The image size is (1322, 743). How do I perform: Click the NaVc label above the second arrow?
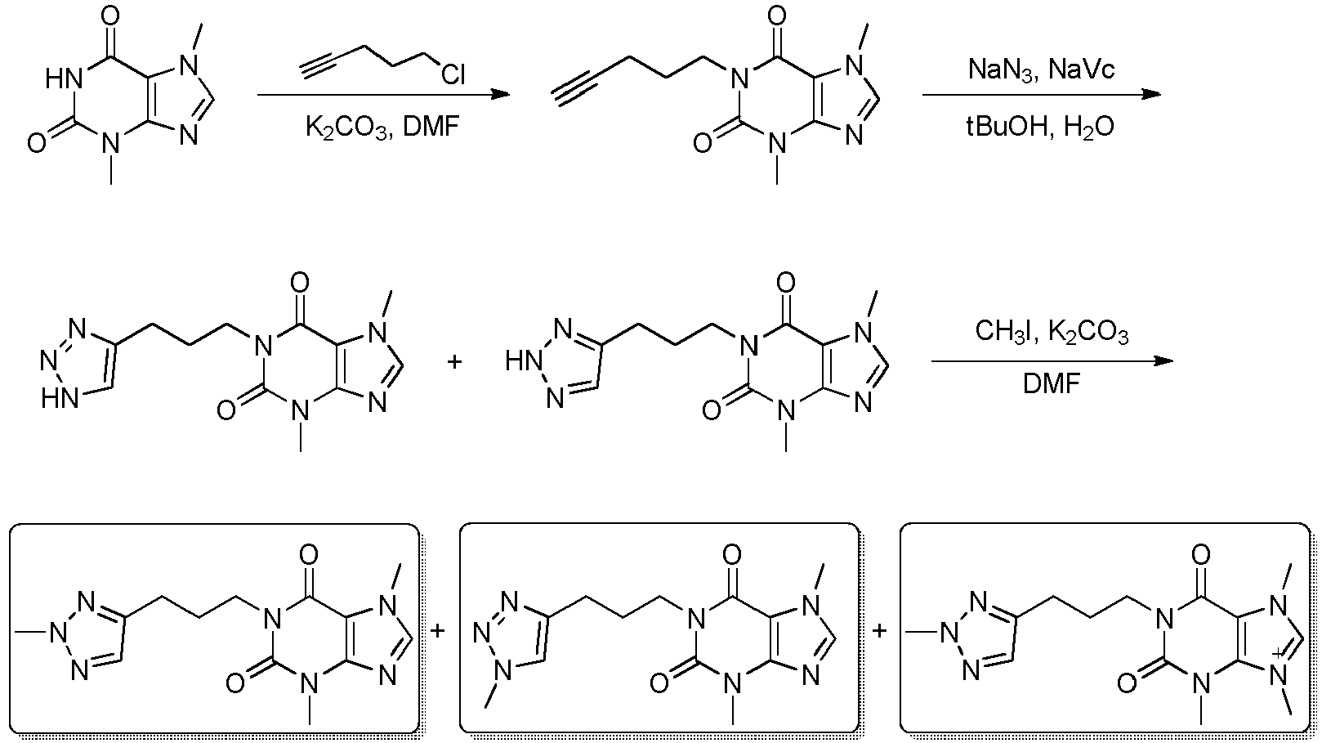[1083, 69]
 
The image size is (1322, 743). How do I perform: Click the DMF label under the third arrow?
[1052, 384]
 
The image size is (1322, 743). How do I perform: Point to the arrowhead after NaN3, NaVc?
[1151, 95]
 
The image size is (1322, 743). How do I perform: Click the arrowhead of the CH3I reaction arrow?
[1163, 360]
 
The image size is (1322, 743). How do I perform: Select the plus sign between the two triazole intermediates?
[453, 361]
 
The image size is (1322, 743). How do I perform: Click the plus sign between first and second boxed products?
[437, 631]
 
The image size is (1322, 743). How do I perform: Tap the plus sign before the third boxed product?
[879, 631]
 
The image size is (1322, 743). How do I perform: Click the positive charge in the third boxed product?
[1277, 653]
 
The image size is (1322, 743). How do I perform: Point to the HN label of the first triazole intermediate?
[60, 400]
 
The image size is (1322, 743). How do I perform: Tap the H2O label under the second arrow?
[1089, 127]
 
